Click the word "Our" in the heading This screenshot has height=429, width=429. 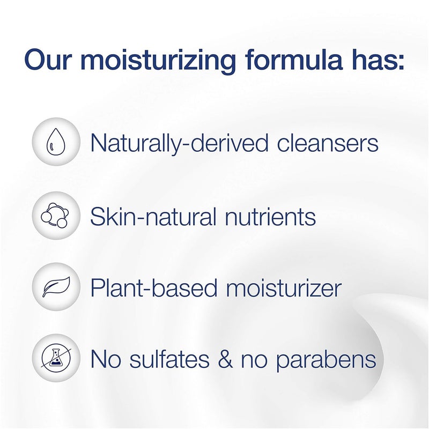point(48,60)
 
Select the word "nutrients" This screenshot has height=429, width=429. point(273,217)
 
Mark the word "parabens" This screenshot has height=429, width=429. point(326,359)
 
